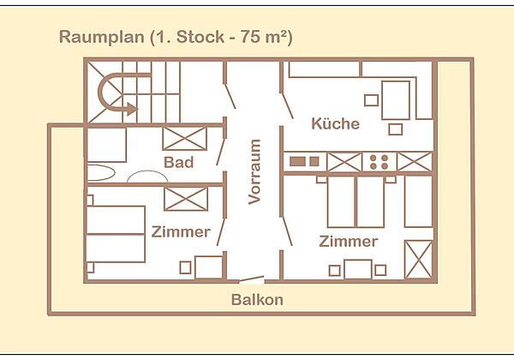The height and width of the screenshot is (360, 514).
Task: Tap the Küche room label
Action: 335,124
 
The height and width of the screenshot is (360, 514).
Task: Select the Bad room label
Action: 178,162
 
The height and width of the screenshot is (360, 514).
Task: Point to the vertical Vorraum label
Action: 254,171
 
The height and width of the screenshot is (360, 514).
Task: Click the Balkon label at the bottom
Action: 257,300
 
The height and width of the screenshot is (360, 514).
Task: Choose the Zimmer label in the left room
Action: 181,231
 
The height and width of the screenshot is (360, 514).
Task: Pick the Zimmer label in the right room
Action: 348,241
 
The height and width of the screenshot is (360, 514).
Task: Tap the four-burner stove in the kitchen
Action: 380,161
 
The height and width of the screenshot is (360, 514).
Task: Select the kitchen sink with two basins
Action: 304,161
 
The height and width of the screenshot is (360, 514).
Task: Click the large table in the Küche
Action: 395,99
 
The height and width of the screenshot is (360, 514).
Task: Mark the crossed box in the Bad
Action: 185,139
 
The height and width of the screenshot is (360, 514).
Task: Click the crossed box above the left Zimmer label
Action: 185,199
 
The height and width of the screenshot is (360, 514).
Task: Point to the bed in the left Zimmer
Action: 116,233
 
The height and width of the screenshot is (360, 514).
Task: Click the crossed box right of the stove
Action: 414,161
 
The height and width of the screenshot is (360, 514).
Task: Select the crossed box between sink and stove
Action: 344,161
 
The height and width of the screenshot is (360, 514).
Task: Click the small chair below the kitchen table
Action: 395,129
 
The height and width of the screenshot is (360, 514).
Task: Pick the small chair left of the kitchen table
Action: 371,100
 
